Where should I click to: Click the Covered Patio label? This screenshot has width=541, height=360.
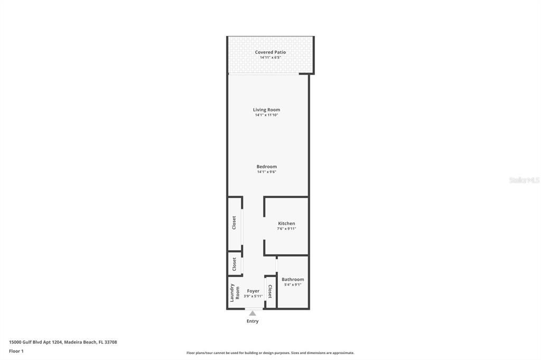point(270,52)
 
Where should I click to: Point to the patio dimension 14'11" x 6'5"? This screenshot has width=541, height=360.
point(270,58)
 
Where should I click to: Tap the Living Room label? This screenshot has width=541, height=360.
point(266,110)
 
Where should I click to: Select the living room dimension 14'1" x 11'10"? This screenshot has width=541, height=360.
point(266,115)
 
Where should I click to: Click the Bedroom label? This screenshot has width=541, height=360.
point(266,167)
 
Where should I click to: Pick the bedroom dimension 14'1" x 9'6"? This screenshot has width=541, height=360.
point(266,172)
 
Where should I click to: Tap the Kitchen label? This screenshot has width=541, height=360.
point(286,223)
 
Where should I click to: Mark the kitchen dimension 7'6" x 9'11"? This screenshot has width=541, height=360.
point(286,229)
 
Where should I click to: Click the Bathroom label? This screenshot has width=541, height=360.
point(293,279)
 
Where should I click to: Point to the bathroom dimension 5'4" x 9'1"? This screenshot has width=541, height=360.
point(293,285)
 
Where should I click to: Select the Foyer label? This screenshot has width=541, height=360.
point(253,291)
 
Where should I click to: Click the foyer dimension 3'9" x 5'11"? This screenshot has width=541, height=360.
point(253,296)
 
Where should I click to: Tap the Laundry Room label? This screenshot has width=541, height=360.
point(234,292)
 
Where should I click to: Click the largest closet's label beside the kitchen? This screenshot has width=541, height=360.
point(234,223)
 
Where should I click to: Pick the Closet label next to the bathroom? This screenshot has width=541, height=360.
point(270,291)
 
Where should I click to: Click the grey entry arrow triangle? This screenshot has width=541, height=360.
point(253,314)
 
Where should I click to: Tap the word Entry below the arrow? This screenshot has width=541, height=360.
point(253,321)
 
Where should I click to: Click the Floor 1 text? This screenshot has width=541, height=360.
point(16,351)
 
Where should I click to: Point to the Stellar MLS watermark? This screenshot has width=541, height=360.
point(524,180)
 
